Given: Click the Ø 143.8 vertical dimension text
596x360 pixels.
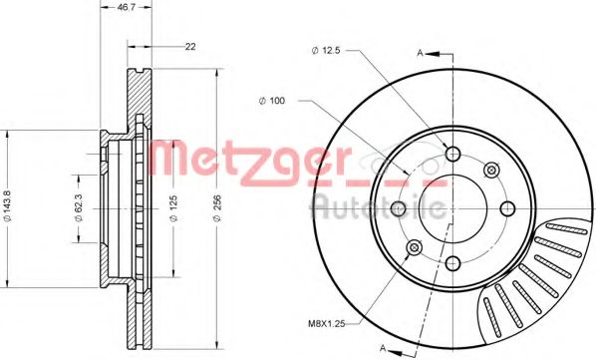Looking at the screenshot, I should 10,204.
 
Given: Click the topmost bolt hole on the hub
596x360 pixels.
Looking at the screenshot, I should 453,154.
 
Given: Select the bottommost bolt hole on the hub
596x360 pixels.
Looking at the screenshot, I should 453,263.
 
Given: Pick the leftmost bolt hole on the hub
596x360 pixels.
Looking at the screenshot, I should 399,208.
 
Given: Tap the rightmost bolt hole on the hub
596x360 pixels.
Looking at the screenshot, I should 507,207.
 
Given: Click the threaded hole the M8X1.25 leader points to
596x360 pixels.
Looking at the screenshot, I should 416,246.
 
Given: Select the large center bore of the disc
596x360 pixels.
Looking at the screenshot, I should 453,208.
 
